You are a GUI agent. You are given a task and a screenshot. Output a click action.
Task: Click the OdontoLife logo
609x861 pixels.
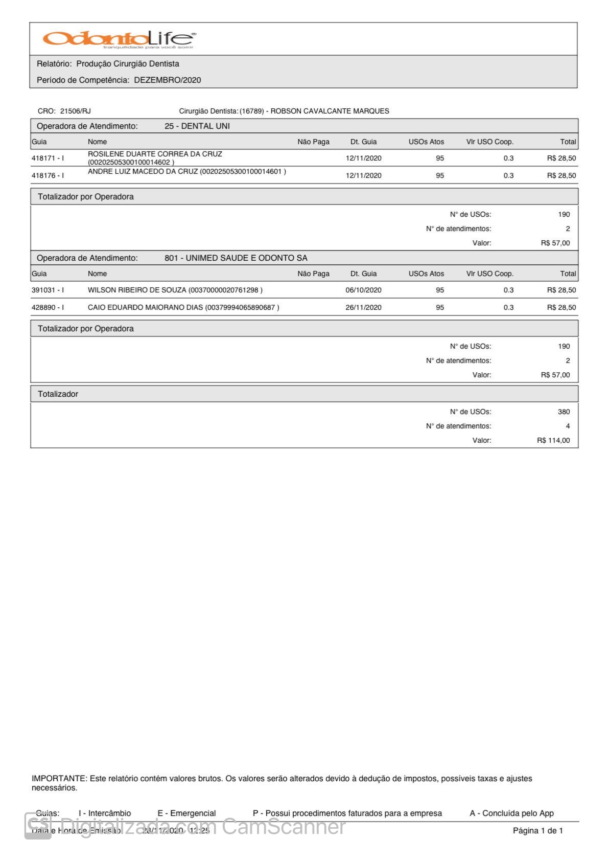(x=119, y=39)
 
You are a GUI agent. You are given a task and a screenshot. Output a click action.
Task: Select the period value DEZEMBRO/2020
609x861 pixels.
(x=168, y=80)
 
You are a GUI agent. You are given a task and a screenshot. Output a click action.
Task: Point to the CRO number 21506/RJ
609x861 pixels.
(x=76, y=111)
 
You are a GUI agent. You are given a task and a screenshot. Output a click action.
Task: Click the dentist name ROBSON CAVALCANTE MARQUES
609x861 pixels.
(x=330, y=111)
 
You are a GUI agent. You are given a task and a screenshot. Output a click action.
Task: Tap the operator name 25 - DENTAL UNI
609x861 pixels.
(x=197, y=126)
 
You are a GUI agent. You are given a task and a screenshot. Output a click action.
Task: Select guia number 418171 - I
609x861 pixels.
(x=48, y=158)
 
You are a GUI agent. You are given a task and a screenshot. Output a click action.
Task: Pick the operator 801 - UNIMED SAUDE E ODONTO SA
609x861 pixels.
(x=236, y=258)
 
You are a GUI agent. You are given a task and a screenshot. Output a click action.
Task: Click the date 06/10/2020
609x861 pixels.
(x=363, y=290)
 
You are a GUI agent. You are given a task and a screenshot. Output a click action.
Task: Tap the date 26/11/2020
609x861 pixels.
(x=363, y=308)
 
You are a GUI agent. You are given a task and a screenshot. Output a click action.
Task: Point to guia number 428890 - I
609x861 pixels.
(x=48, y=308)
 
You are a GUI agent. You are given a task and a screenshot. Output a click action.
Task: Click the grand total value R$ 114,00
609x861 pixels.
(x=553, y=441)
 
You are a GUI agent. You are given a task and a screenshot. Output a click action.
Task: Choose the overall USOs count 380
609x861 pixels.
(x=564, y=412)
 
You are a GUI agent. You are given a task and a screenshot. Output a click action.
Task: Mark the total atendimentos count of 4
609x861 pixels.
(x=568, y=426)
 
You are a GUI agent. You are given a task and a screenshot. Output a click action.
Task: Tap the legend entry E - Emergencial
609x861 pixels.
(x=186, y=813)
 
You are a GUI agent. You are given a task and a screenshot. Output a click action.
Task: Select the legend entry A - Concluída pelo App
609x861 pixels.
(x=511, y=813)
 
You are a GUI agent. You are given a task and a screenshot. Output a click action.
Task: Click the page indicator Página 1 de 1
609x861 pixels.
(x=537, y=831)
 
